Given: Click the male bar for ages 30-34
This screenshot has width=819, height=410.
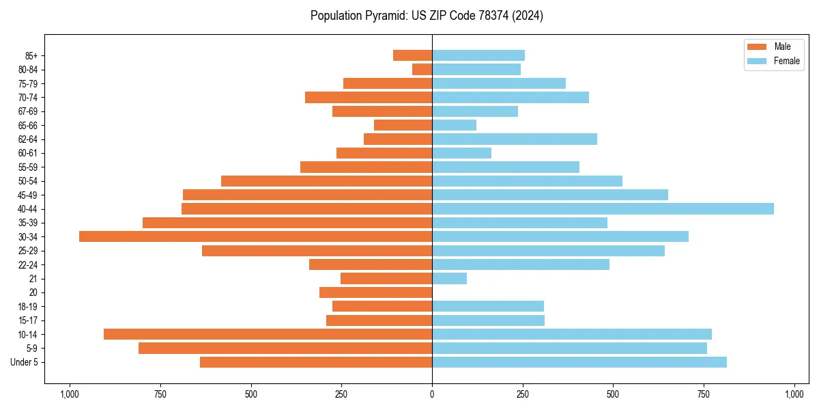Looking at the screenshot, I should (255, 236).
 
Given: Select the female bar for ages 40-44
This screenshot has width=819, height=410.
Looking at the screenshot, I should (603, 209).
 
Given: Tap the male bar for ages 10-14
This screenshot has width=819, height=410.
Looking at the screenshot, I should (268, 334).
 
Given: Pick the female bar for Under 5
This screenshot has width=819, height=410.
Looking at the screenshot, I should (579, 362).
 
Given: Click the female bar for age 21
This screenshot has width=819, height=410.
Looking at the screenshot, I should (449, 279).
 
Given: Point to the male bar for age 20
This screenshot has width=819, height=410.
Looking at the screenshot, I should (375, 292).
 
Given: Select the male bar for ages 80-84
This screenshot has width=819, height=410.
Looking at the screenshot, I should (422, 70).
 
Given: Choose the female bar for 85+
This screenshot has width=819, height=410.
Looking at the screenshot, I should (478, 55).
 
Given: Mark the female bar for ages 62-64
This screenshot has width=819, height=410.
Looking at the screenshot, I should (514, 139).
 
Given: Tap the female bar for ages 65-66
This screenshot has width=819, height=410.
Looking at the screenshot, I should (454, 125).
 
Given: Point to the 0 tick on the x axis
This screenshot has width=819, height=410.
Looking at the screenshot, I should (432, 394).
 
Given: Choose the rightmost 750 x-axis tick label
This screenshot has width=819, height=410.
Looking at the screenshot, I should (704, 394).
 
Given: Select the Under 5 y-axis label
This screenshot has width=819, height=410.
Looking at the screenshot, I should (25, 362).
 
